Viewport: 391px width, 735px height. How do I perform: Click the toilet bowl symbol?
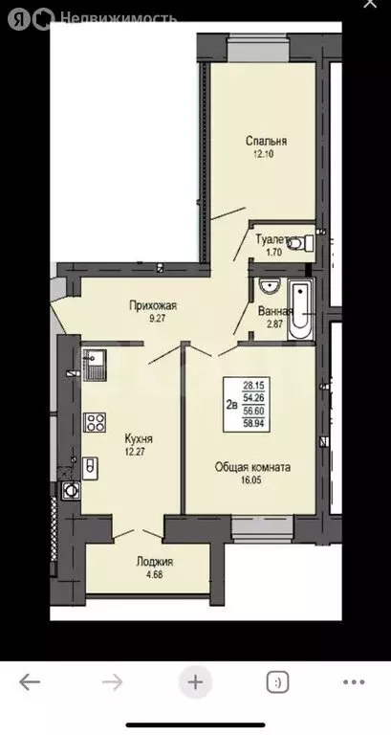coord(300,243)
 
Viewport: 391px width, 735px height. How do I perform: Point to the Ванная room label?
coord(275,310)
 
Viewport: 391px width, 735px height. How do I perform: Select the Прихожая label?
coord(154,306)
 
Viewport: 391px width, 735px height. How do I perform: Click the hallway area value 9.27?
coord(154,320)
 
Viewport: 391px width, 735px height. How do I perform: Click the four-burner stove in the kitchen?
coord(95,422)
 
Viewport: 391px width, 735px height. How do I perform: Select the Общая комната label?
coord(252,467)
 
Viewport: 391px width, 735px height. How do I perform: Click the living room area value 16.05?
coord(252,482)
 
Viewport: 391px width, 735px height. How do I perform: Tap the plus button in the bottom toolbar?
coord(195,682)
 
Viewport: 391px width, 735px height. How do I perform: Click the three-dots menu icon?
coord(353,682)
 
